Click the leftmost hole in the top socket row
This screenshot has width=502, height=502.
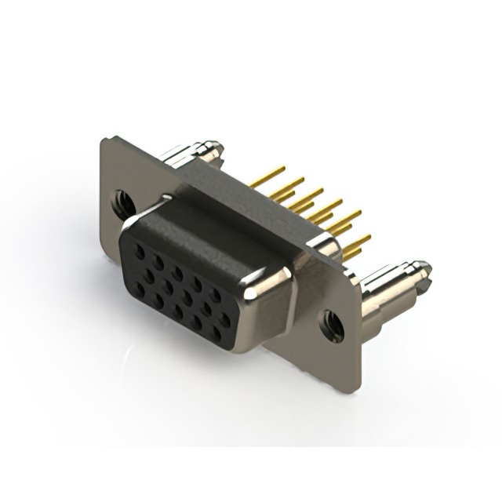(x=140, y=253)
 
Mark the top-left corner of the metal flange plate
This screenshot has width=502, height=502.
(x=104, y=140)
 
